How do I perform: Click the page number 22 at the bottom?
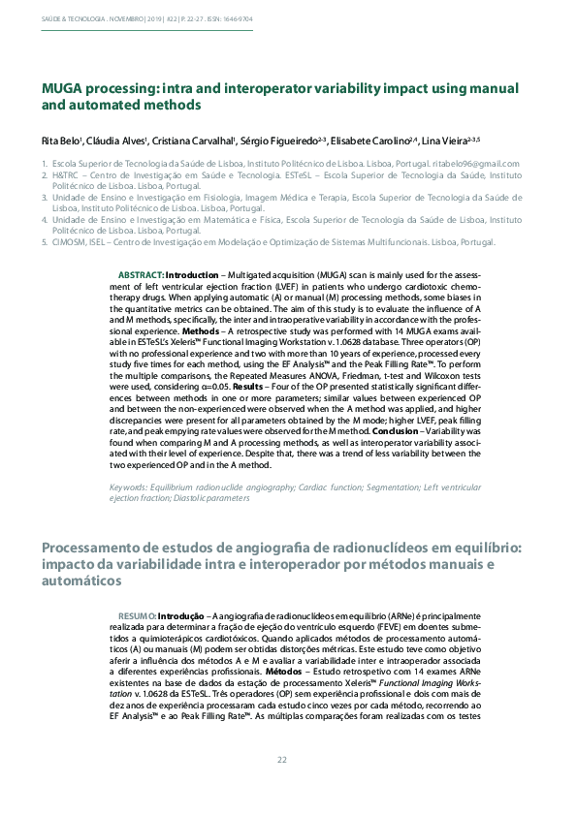point(282,759)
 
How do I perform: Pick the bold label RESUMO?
point(136,615)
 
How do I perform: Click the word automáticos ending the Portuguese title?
point(81,581)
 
